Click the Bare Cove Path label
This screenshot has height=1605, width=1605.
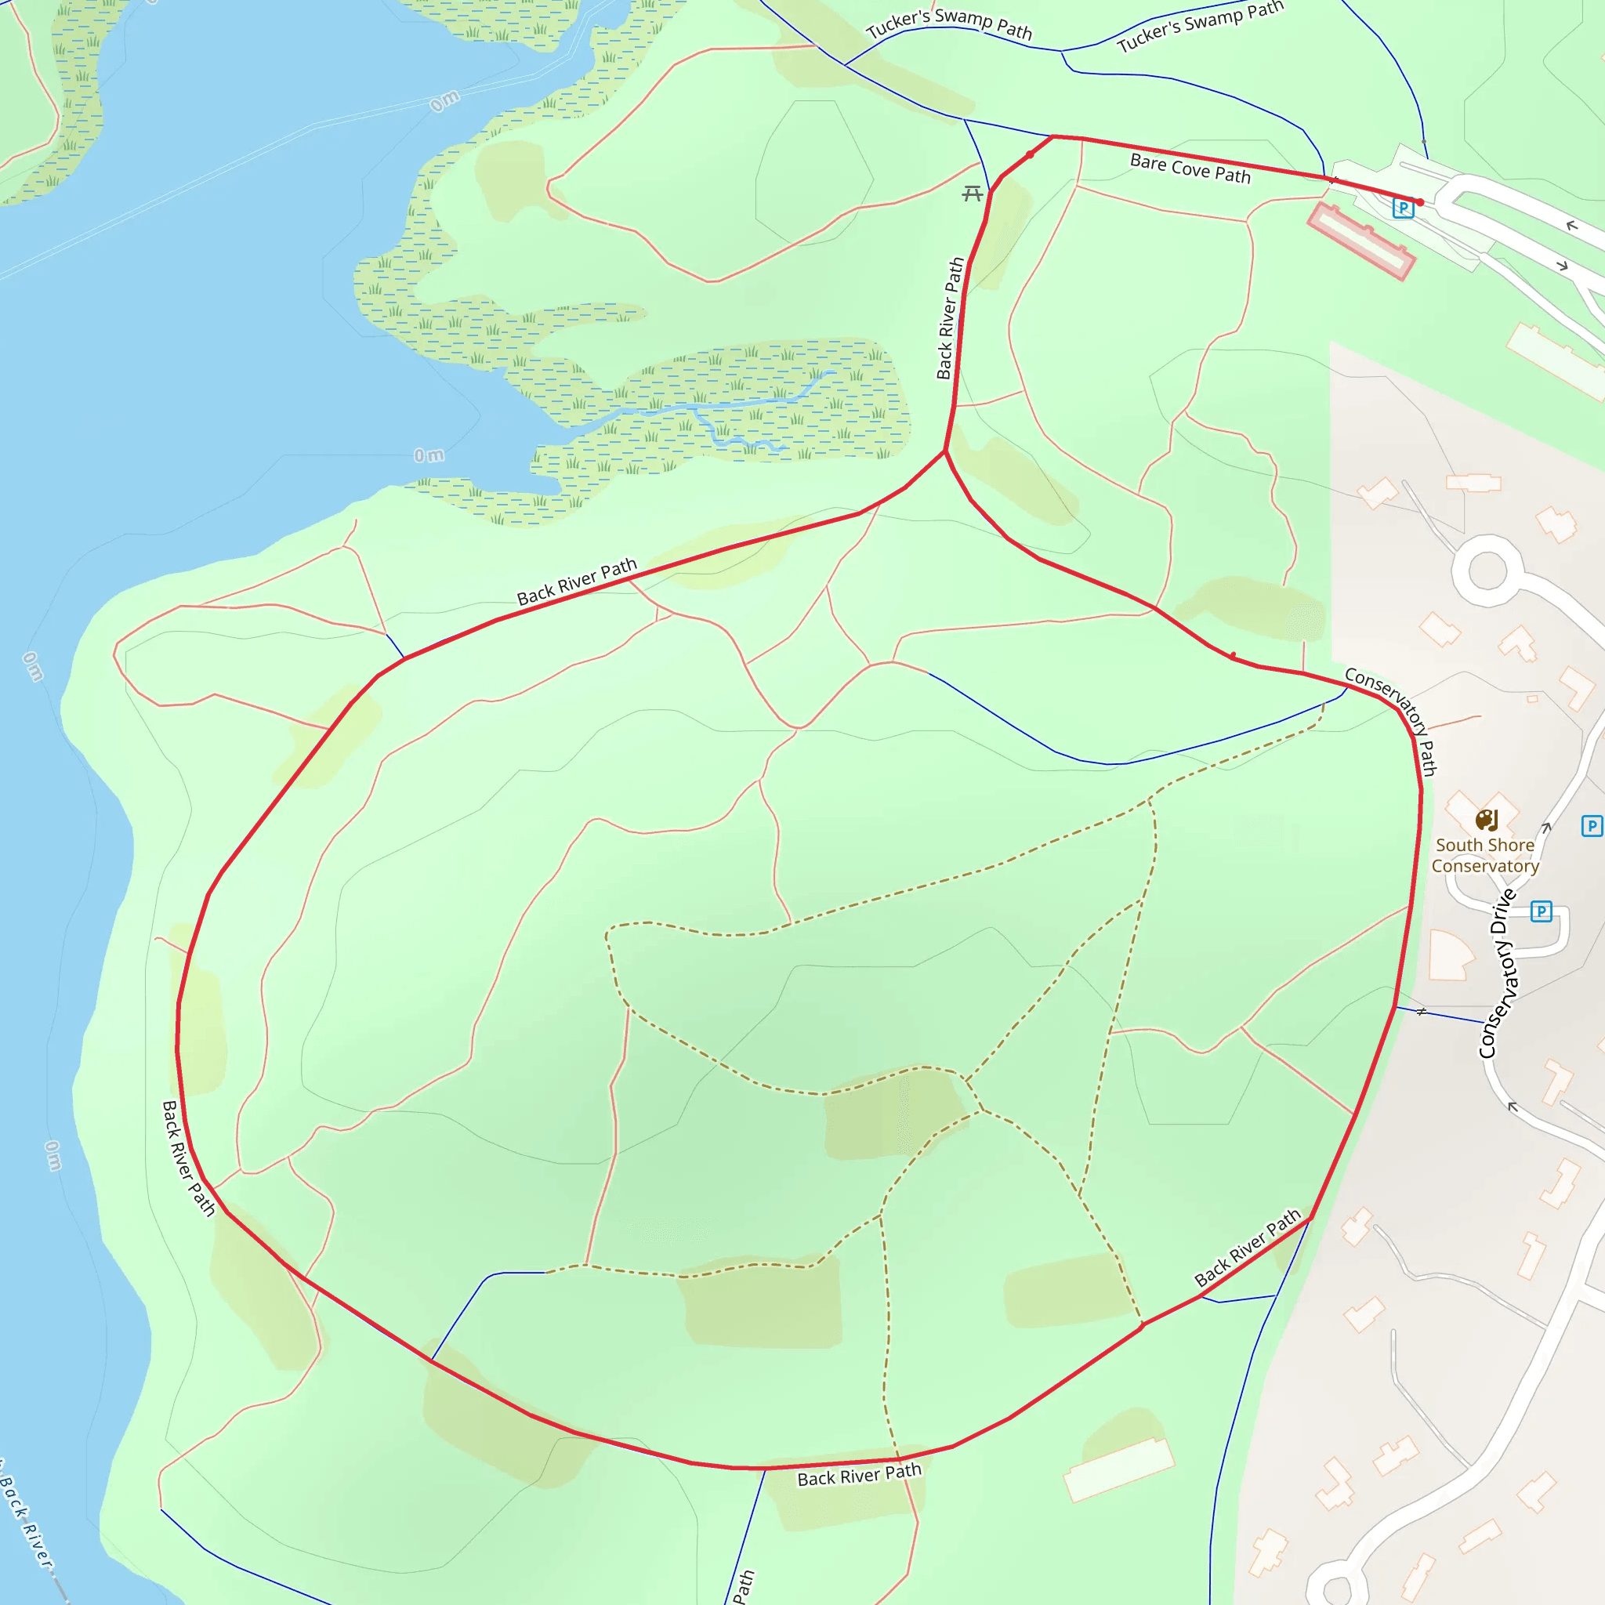[x=1190, y=168]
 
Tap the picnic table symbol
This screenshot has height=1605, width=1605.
[x=972, y=194]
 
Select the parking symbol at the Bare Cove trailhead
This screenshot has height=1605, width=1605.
[x=1402, y=208]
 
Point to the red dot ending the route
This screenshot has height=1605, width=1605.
[x=1421, y=202]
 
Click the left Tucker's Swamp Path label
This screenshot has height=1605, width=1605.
[x=949, y=24]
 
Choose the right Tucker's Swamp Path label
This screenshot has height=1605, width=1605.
[x=1200, y=27]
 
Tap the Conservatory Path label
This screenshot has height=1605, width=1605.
[x=1393, y=719]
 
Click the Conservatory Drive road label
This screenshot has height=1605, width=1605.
[x=1498, y=973]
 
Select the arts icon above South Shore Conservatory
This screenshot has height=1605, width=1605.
[x=1486, y=821]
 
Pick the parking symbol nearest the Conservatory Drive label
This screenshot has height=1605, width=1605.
[x=1541, y=911]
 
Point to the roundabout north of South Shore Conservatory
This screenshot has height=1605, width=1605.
[x=1487, y=571]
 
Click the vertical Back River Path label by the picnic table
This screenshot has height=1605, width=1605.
[x=950, y=318]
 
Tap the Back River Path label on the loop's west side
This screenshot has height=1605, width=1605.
[x=188, y=1159]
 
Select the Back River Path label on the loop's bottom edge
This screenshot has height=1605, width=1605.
[x=859, y=1476]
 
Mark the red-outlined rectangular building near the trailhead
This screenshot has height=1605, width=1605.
[x=1360, y=241]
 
